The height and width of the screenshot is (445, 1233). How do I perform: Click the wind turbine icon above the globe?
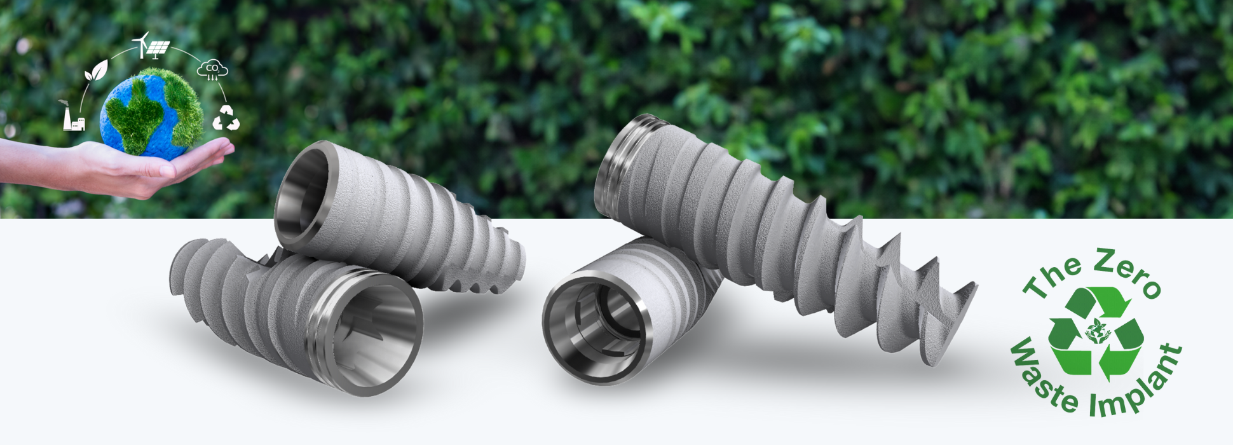pos(143,44)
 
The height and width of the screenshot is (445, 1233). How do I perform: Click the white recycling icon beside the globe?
pos(226,118)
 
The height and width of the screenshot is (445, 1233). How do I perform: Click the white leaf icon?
pos(97,71)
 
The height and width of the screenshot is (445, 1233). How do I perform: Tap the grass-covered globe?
pos(151,113)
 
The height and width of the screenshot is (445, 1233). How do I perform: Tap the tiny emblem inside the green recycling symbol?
pos(1095,331)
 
